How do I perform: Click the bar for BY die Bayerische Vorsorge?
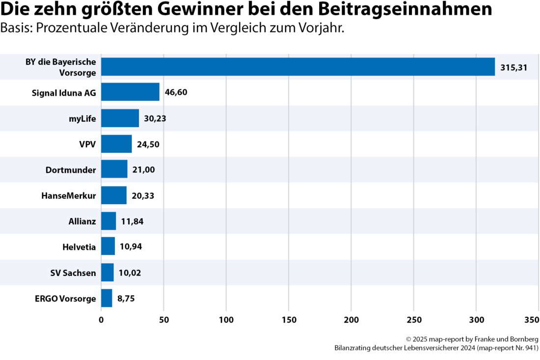point(298,67)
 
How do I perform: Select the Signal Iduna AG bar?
point(130,92)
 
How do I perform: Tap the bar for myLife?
point(120,118)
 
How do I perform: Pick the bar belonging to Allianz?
point(108,221)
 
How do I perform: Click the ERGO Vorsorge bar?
point(107,298)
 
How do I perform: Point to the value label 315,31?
point(513,67)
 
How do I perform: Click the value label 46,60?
point(176,92)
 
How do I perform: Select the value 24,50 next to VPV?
point(148,144)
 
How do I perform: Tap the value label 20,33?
point(143,195)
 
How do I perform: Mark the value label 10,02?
point(130,273)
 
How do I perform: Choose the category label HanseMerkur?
point(69,195)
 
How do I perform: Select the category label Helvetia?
point(79,247)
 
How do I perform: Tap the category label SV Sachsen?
point(73,273)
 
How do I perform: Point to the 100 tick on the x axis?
point(226,320)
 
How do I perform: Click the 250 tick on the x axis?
point(414,320)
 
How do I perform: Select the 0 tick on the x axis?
point(102,320)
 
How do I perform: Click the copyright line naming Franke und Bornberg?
point(472,339)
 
